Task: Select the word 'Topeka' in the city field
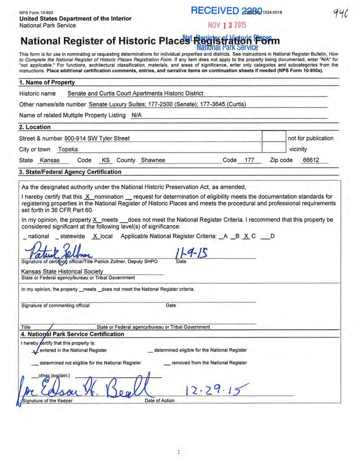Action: pyautogui.click(x=68, y=149)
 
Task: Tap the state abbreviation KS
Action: pyautogui.click(x=106, y=160)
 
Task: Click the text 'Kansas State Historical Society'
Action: pyautogui.click(x=62, y=271)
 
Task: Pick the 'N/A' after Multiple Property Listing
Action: pyautogui.click(x=137, y=115)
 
